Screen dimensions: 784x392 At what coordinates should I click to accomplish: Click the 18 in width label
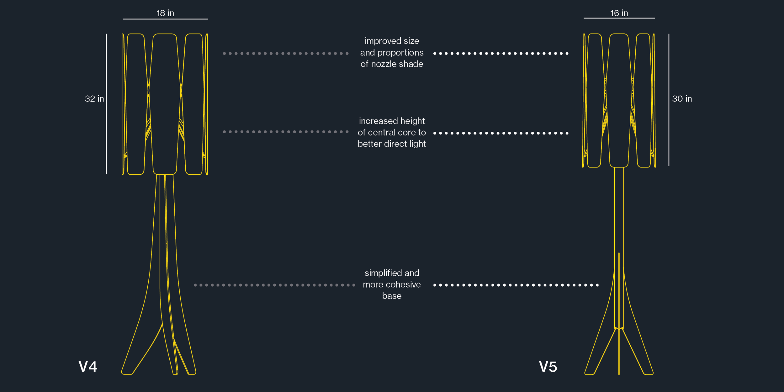[x=165, y=13]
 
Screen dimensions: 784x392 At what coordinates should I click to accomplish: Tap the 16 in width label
[x=619, y=13]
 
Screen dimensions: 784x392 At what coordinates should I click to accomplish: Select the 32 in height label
[x=94, y=99]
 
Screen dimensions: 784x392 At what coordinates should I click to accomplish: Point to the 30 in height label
[x=682, y=99]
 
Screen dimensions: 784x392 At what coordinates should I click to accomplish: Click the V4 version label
[x=88, y=367]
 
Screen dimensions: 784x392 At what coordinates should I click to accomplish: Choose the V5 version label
[x=548, y=367]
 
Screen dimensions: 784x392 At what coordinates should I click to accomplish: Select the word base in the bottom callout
[x=392, y=296]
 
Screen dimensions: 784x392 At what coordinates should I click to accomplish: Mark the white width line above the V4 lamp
[x=165, y=19]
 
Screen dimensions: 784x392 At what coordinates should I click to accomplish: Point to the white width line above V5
[x=619, y=18]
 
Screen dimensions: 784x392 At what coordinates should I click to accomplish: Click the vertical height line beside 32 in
[x=107, y=103]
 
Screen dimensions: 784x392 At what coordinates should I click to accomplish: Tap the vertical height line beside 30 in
[x=669, y=100]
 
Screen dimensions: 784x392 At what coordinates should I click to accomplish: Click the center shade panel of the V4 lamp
[x=165, y=103]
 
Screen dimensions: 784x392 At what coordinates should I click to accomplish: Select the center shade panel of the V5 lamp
[x=619, y=100]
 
